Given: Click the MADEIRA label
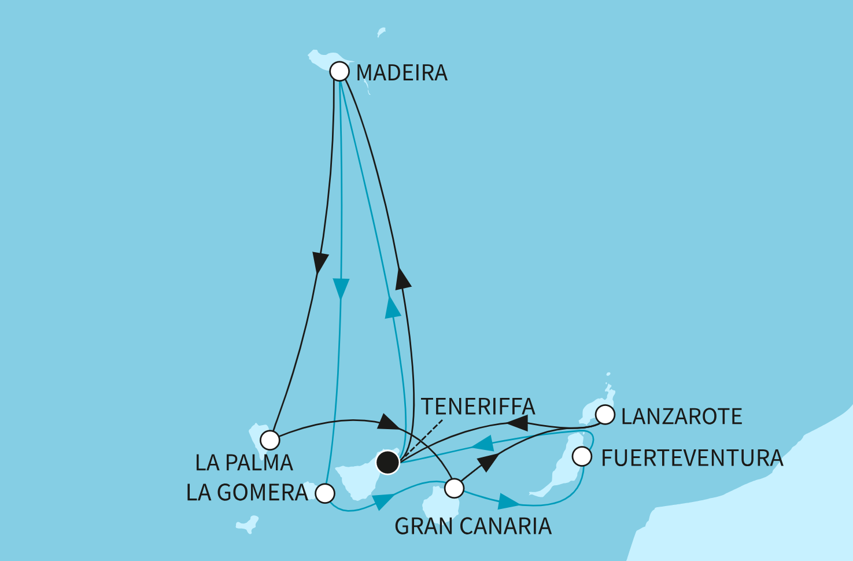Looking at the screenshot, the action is [401, 73].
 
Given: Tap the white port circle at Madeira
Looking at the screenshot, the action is [339, 72].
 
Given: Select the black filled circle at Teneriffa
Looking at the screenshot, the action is [387, 463].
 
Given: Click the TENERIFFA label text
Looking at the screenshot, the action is [478, 407].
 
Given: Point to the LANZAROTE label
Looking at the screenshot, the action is [681, 416].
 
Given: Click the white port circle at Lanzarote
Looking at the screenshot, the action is [605, 415].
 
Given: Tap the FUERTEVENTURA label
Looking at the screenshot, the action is [692, 458].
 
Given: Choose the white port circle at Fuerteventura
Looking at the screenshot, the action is [582, 457].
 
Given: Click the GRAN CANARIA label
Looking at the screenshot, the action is [472, 526].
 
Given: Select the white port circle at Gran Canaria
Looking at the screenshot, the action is [455, 488].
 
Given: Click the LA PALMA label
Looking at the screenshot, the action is [244, 463].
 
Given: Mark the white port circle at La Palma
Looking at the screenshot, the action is [270, 440].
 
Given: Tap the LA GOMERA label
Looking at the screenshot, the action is [247, 493].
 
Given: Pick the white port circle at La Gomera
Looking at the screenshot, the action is [326, 493].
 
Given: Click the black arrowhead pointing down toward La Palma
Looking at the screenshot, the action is [318, 261].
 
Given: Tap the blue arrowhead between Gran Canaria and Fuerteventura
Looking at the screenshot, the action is [508, 501].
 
